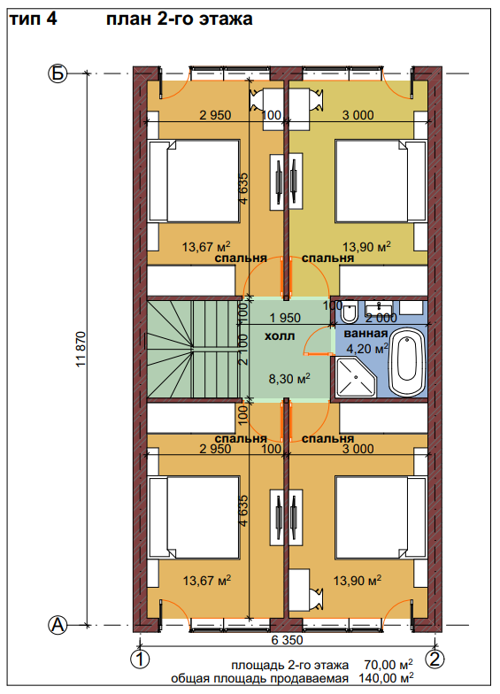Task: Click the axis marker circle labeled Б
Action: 57,73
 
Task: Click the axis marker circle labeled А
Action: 57,625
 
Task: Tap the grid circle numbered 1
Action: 140,659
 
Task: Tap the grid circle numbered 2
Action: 435,659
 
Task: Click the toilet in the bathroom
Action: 350,312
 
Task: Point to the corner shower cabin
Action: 356,377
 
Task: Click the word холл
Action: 280,336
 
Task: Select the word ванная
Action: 365,333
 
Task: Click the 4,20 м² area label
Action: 368,349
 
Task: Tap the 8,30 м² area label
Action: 290,379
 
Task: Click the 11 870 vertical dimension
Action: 81,349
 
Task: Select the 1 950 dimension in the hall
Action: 285,318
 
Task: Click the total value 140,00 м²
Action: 386,678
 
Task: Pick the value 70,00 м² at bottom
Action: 389,665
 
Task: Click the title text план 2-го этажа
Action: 179,19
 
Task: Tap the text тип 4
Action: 34,19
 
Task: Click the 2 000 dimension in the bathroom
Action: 381,319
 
